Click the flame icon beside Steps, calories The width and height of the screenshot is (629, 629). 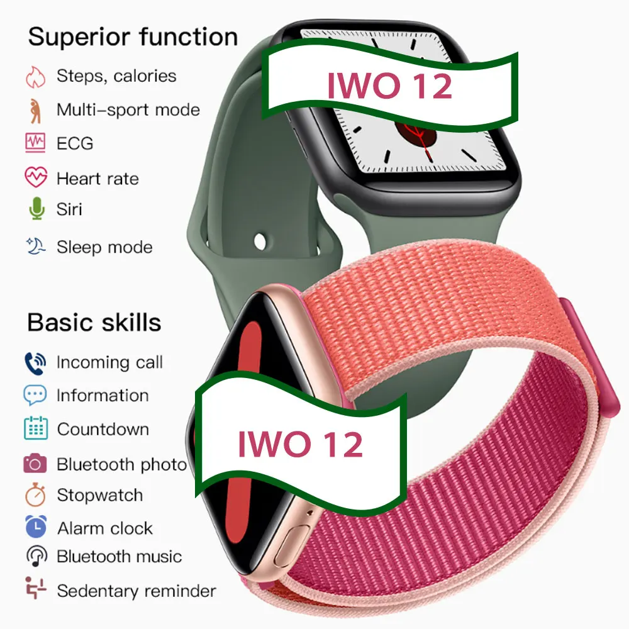pos(36,77)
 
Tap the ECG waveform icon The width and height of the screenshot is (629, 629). pos(35,143)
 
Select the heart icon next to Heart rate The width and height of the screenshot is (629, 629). pos(36,177)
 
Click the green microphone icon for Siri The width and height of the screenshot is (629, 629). pos(37,209)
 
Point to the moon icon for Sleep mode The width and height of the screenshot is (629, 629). pos(36,247)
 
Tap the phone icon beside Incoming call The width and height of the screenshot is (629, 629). pos(35,364)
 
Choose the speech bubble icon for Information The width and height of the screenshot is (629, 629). pos(35,395)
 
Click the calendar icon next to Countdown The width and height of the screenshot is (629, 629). pos(36,428)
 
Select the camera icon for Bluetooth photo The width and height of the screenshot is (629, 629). pos(35,464)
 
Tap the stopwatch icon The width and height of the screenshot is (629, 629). pos(35,495)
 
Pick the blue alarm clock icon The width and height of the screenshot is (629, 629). pos(36,526)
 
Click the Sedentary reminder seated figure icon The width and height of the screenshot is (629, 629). pos(36,588)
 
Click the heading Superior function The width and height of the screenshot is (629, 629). pos(133,37)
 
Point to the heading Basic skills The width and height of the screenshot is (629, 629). pos(94,323)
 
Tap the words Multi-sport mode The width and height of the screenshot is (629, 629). pos(128,110)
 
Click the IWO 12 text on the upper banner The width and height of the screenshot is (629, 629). pos(389,86)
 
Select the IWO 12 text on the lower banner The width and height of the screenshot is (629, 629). pos(301,444)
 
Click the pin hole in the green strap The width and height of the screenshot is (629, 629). pos(260,242)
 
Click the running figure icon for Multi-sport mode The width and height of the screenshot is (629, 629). pos(35,111)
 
